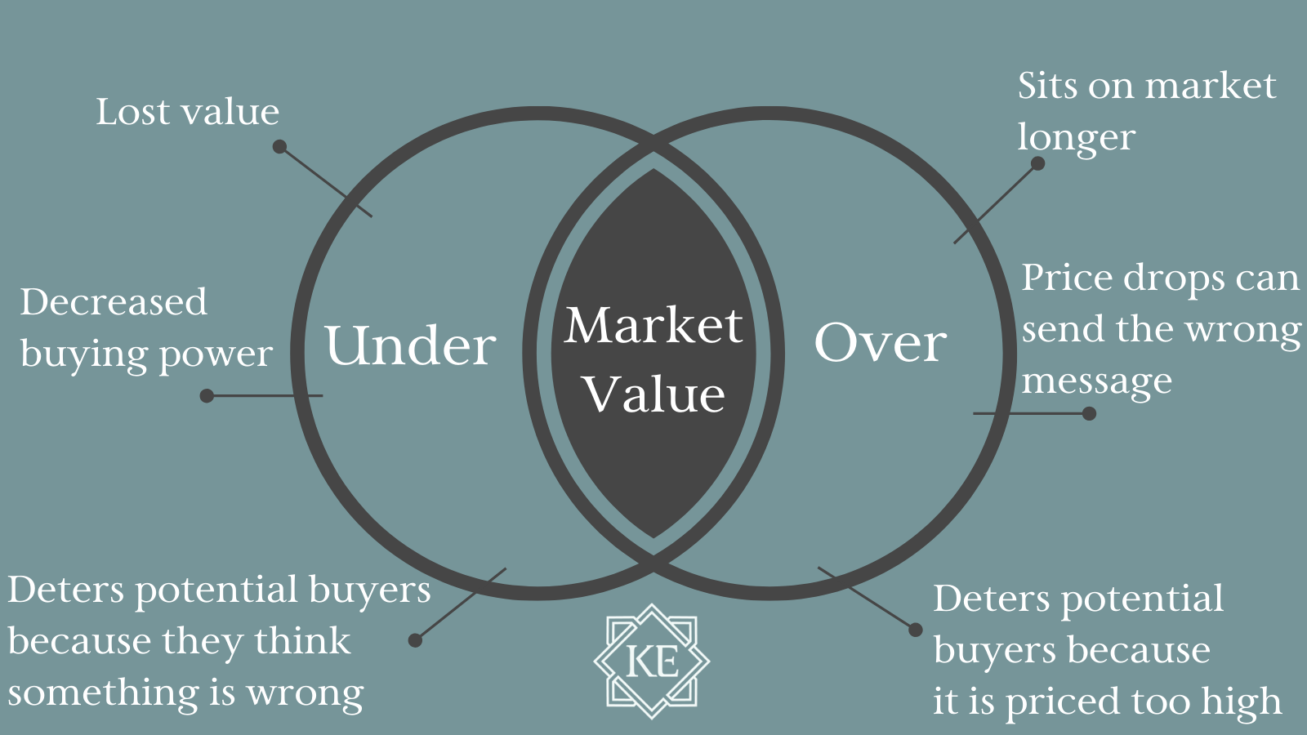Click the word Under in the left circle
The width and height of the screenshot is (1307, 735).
410,345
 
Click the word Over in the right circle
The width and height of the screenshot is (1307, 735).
881,342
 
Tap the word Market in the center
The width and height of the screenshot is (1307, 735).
653,325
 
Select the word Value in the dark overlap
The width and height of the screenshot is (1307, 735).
653,394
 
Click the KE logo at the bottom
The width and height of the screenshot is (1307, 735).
652,661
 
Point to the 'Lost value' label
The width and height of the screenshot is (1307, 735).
187,112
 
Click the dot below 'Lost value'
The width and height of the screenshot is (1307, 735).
279,147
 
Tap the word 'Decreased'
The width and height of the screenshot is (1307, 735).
114,302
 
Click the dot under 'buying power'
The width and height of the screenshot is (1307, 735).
207,396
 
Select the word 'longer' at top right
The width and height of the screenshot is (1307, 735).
1076,138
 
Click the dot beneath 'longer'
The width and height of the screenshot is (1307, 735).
1037,163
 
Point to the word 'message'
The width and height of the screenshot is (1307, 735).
1096,381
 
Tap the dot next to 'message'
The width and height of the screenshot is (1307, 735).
1089,413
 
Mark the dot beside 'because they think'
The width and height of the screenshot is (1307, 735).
415,640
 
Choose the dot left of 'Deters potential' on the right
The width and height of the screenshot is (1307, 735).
916,630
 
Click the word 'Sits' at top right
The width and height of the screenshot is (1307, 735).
1048,86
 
